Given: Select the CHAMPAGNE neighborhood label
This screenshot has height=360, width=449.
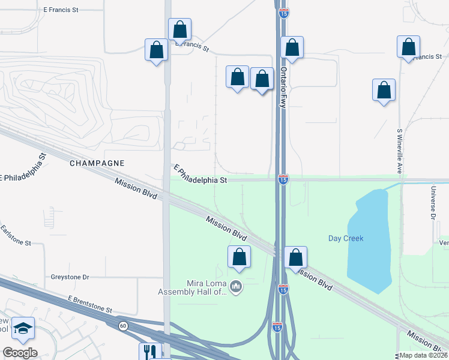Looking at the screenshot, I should [97, 163].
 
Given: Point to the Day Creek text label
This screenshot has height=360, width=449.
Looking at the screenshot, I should [346, 238].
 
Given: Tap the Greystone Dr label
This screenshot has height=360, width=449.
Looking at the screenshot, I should [70, 277].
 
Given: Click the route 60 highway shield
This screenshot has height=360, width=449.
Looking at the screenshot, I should [123, 325].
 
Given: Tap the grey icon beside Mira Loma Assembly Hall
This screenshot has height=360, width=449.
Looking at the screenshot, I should [236, 287].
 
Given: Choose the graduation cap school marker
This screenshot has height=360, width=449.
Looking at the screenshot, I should [23, 328].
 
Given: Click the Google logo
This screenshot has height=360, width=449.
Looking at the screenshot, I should [20, 353].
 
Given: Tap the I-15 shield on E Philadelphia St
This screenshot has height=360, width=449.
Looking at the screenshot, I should [283, 179].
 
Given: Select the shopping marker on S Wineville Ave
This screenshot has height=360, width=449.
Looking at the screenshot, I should [384, 91].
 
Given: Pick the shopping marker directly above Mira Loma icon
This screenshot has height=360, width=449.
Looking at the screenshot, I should [239, 257].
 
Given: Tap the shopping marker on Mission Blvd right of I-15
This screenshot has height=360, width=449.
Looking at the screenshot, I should [295, 258].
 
